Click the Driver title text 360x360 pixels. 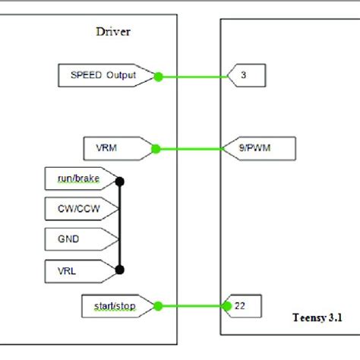tap(114, 32)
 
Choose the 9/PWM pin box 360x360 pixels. tap(254, 148)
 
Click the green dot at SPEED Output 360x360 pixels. tap(158, 76)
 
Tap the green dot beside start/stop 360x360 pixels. tap(158, 306)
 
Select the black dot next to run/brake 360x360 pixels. tap(118, 182)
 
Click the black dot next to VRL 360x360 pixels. tap(118, 268)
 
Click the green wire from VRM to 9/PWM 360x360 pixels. tap(190, 148)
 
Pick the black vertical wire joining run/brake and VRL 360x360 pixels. tap(118, 225)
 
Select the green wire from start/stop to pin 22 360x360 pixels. tap(190, 306)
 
